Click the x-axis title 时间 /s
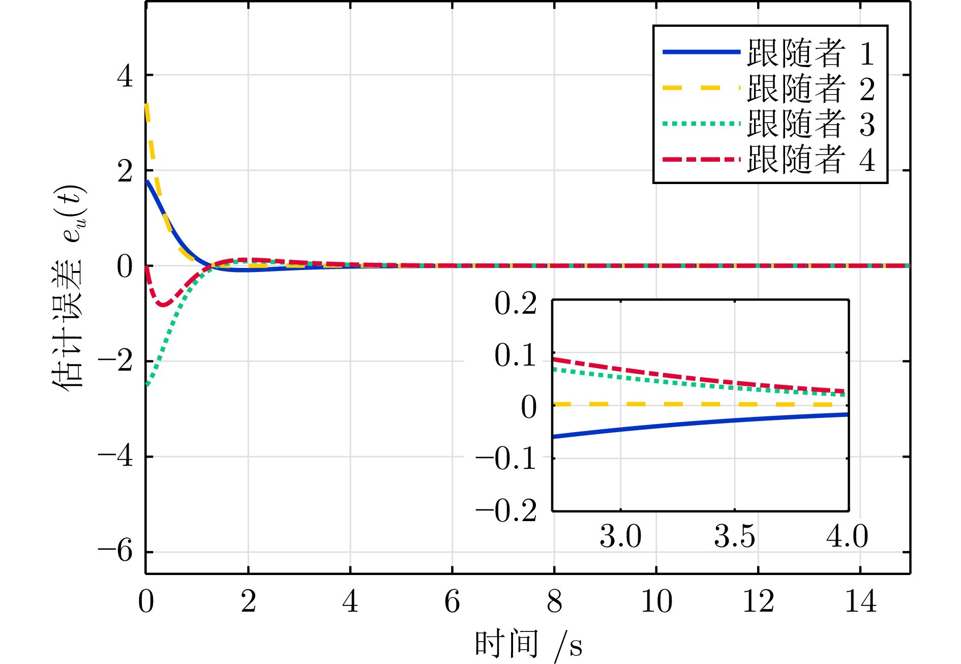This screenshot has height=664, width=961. pyautogui.click(x=529, y=645)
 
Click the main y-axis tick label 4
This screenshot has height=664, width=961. pyautogui.click(x=125, y=76)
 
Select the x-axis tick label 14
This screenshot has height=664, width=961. pyautogui.click(x=860, y=602)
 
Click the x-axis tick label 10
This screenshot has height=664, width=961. pyautogui.click(x=656, y=602)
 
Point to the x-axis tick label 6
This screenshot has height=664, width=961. pyautogui.click(x=452, y=602)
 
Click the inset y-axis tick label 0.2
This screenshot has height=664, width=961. pyautogui.click(x=516, y=305)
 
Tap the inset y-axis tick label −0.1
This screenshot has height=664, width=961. pyautogui.click(x=506, y=459)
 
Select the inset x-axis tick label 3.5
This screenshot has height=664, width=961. pyautogui.click(x=735, y=536)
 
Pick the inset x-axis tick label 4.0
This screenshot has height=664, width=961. pyautogui.click(x=847, y=536)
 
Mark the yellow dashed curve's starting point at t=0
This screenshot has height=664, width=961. pyautogui.click(x=146, y=105)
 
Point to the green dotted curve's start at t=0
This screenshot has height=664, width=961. pyautogui.click(x=146, y=384)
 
